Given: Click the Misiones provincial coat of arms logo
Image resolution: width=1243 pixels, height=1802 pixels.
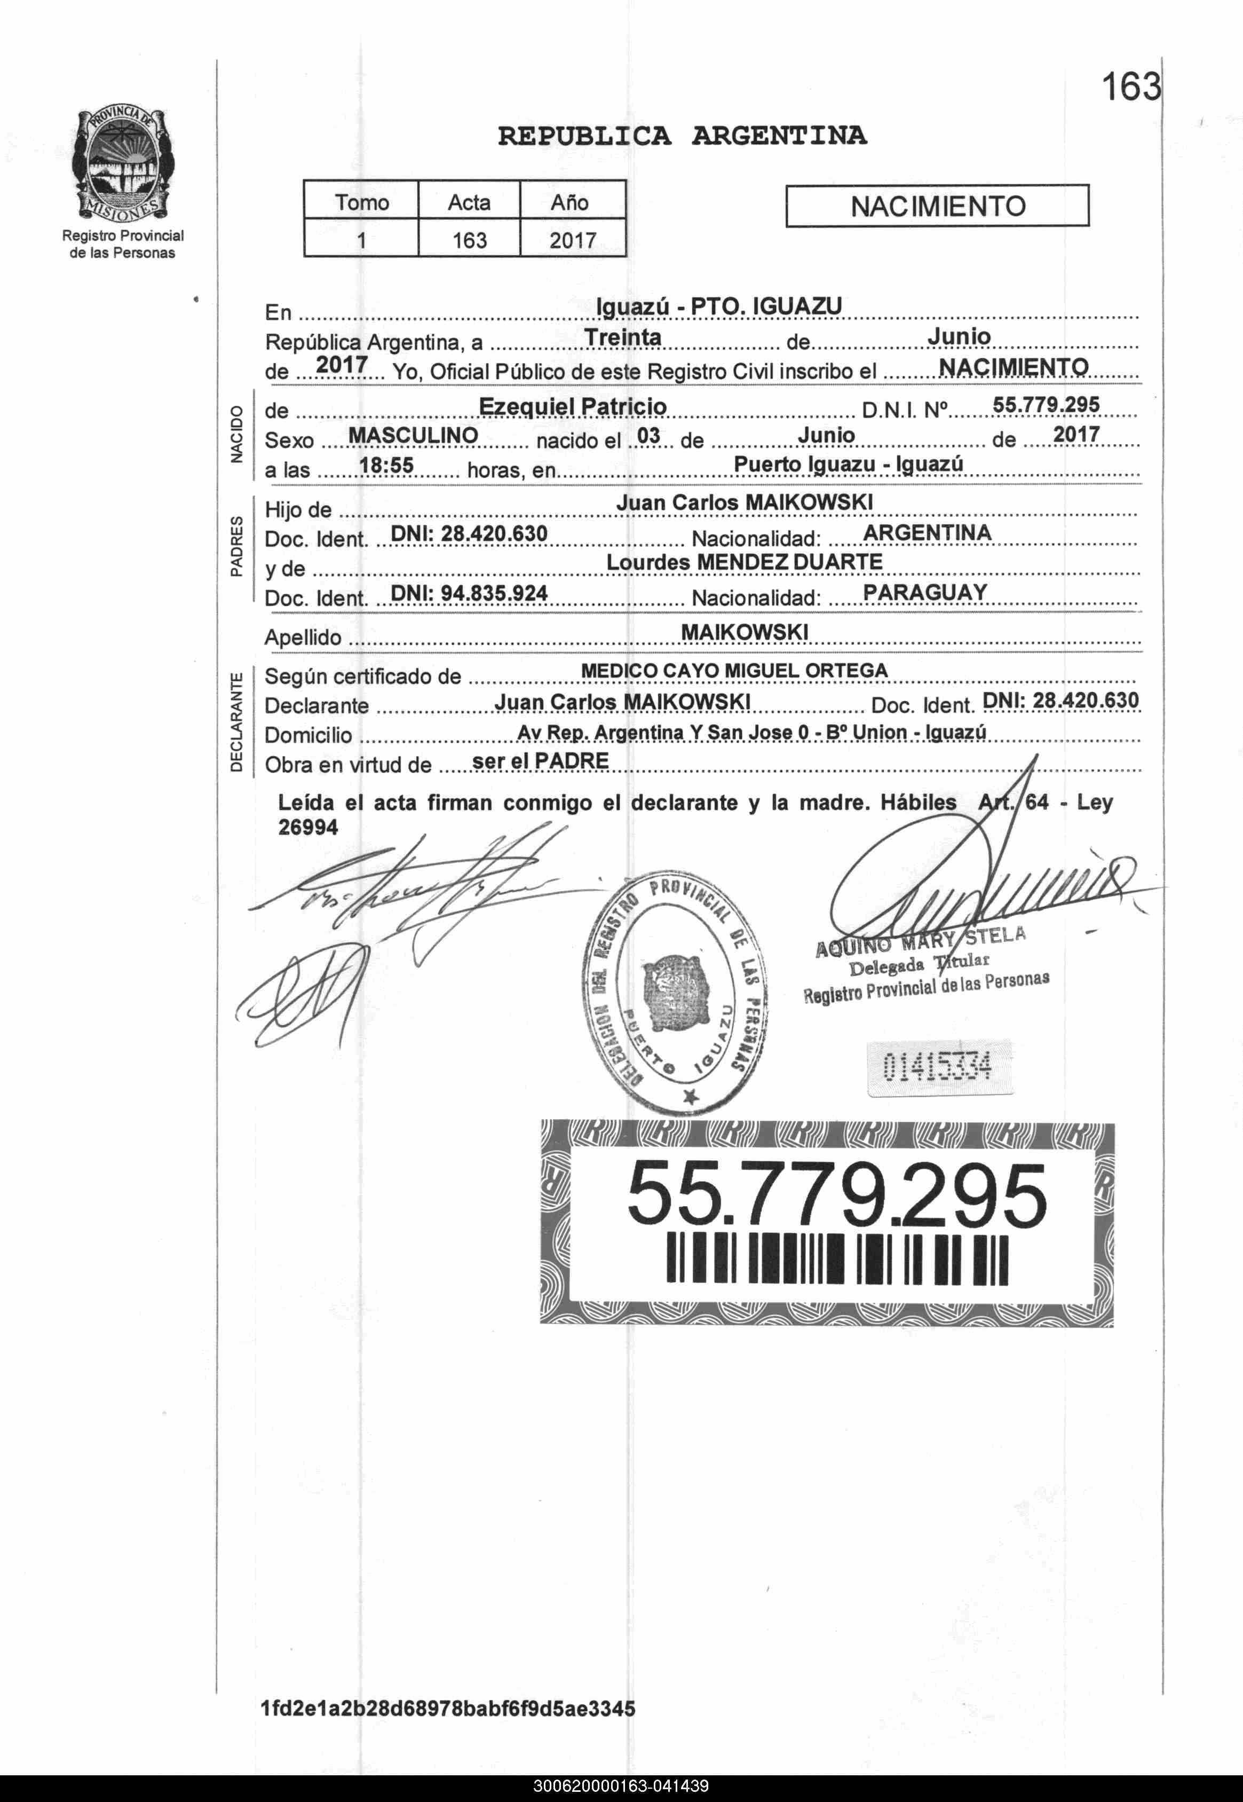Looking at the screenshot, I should pos(123,164).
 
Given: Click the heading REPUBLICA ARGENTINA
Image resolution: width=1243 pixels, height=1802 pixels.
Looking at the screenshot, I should pos(682,136).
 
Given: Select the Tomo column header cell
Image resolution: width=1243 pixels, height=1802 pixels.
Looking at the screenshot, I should pos(361,202).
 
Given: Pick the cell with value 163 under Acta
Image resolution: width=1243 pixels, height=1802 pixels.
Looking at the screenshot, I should pos(469,239).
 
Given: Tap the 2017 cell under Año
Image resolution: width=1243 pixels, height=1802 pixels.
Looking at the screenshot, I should pos(573,239).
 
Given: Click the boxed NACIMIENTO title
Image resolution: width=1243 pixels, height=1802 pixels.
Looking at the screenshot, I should pos(937,206).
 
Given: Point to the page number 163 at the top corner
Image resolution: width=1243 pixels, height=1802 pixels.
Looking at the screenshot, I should pos(1130,86).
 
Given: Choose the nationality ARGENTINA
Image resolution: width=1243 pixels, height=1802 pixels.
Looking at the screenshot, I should pos(927,533).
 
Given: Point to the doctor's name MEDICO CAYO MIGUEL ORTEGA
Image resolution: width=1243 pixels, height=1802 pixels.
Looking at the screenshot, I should pos(734,670).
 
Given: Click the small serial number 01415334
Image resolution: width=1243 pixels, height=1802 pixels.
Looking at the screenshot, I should pos(938,1067).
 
